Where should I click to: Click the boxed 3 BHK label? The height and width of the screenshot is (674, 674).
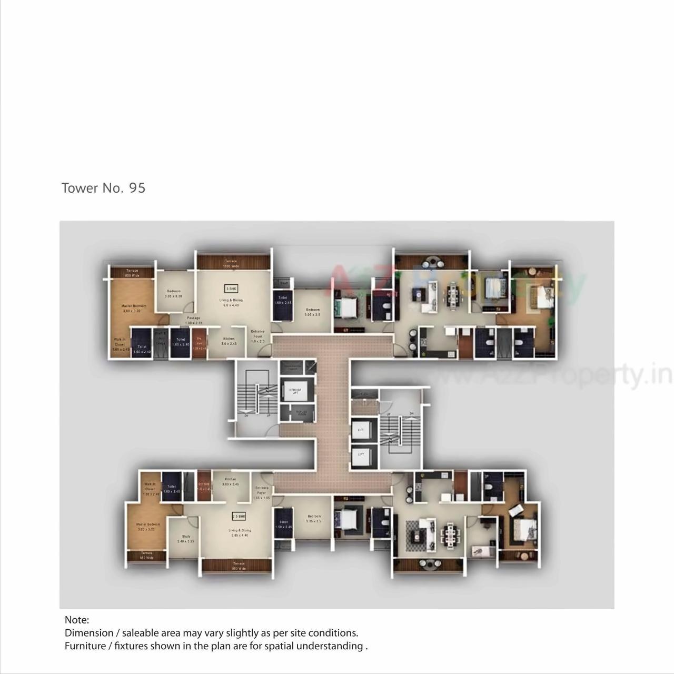[x=231, y=289]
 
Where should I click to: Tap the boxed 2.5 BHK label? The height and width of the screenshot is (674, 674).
[x=239, y=517]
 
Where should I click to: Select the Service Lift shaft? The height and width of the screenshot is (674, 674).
[x=295, y=391]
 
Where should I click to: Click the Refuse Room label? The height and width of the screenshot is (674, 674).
[x=301, y=413]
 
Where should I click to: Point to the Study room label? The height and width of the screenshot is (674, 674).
[x=186, y=539]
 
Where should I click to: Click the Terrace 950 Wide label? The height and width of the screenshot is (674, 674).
[x=239, y=566]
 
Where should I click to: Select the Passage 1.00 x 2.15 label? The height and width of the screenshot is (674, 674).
[x=193, y=320]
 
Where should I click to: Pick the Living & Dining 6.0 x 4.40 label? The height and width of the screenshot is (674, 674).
[x=231, y=303]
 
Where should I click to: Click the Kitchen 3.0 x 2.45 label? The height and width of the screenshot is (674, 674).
[x=229, y=341]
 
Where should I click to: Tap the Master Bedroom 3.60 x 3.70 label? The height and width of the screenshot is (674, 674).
[x=134, y=309]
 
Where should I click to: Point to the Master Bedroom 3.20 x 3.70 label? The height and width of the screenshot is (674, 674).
[x=148, y=527]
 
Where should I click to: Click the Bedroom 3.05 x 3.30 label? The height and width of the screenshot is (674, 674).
[x=174, y=294]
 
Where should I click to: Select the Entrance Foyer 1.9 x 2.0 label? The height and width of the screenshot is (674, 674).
[x=258, y=336]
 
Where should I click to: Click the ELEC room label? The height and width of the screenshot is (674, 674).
[x=363, y=393]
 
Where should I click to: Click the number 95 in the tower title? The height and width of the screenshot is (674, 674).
[x=137, y=188]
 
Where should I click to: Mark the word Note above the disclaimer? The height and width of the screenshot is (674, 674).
[x=77, y=620]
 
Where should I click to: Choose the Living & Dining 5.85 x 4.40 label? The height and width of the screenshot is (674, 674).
[x=240, y=533]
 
